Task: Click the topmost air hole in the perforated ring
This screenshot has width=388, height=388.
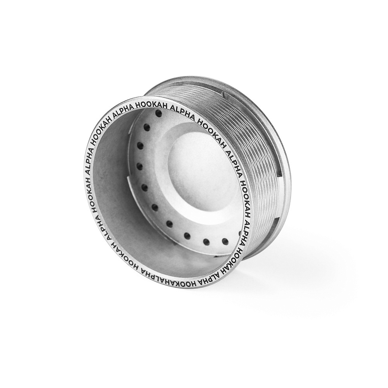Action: pyautogui.click(x=158, y=114)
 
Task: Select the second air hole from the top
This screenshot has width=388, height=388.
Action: pyautogui.click(x=147, y=127)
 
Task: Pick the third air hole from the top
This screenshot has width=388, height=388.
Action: pyautogui.click(x=140, y=146)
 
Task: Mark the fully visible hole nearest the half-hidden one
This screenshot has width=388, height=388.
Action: pyautogui.click(x=225, y=241)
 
